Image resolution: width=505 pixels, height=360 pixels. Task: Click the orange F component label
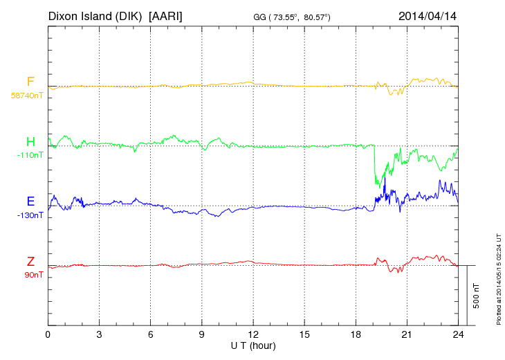point(30,82)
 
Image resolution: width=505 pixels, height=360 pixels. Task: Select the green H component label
point(30,142)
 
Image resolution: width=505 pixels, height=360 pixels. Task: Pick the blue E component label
point(30,201)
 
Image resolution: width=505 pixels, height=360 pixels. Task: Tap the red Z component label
point(30,261)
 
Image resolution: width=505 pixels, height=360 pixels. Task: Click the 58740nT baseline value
point(26,95)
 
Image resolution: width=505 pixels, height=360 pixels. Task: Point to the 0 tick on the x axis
point(48,334)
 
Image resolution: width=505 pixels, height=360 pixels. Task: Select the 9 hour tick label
point(201,334)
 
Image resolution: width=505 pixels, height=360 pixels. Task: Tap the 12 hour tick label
point(253,334)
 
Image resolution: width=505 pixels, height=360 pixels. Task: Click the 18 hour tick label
point(356,334)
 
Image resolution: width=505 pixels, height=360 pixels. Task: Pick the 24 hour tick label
point(458,334)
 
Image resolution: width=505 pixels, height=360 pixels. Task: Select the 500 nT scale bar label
point(477,296)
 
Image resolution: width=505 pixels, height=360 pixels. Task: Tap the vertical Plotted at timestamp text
point(499,277)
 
